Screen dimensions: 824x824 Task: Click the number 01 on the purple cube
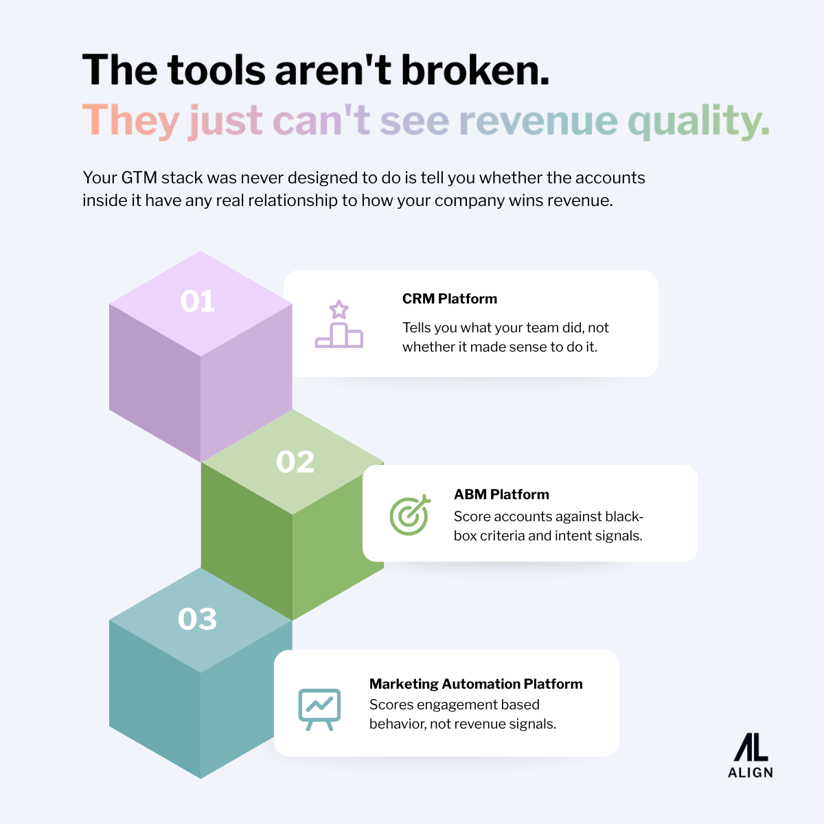click(x=197, y=301)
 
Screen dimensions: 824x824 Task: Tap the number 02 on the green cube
click(x=295, y=461)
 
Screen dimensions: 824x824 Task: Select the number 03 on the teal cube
click(x=197, y=619)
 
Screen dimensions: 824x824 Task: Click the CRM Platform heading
click(x=450, y=299)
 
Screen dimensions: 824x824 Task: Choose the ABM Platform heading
click(x=501, y=494)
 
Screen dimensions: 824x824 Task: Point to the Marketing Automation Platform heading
click(x=476, y=684)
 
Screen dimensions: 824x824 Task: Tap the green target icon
click(x=410, y=514)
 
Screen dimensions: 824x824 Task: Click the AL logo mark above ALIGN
click(x=751, y=746)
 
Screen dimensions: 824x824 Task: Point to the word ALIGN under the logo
click(x=751, y=772)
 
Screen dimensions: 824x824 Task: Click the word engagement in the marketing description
click(x=457, y=705)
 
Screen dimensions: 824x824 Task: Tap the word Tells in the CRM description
click(x=418, y=328)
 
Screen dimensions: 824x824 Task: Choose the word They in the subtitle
click(x=130, y=122)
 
